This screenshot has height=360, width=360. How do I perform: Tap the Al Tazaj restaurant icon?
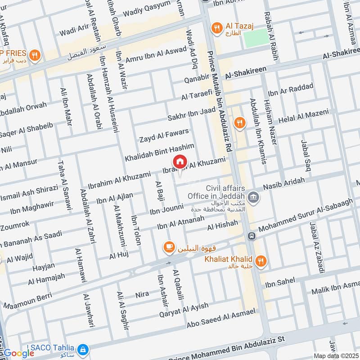pyautogui.click(x=217, y=28)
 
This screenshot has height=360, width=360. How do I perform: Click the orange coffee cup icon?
pyautogui.click(x=169, y=247)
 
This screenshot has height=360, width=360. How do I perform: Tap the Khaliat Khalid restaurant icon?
pyautogui.click(x=260, y=261)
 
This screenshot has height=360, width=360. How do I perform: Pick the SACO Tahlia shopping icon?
pyautogui.click(x=82, y=349)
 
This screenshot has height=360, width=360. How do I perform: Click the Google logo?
pyautogui.click(x=19, y=353)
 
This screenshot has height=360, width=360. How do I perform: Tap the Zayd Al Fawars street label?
pyautogui.click(x=164, y=135)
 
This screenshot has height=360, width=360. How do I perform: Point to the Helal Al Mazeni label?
pyautogui.click(x=304, y=117)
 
